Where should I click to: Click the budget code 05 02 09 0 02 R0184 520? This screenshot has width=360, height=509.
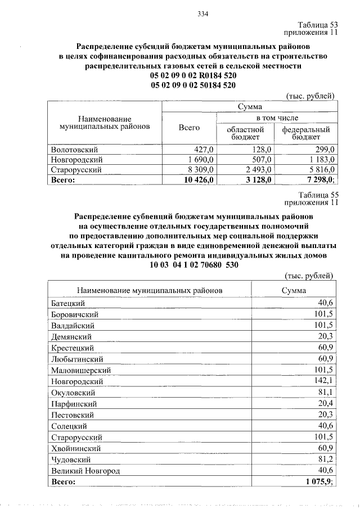193,75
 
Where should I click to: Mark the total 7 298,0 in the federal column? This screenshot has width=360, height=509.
318,179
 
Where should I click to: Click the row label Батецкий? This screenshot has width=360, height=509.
68,303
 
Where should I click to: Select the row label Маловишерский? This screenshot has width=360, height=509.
80,370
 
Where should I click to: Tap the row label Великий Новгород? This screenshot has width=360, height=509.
85,471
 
